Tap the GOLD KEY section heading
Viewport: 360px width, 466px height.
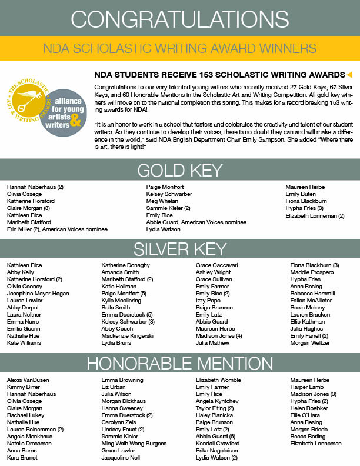(180, 171)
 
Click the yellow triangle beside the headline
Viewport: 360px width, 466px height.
(350, 75)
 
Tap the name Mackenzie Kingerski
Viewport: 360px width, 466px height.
(127, 335)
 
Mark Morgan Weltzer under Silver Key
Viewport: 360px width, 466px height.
(311, 342)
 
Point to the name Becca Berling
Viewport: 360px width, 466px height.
(307, 436)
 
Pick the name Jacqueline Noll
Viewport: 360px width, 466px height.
(121, 457)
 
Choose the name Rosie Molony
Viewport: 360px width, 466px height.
(306, 307)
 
